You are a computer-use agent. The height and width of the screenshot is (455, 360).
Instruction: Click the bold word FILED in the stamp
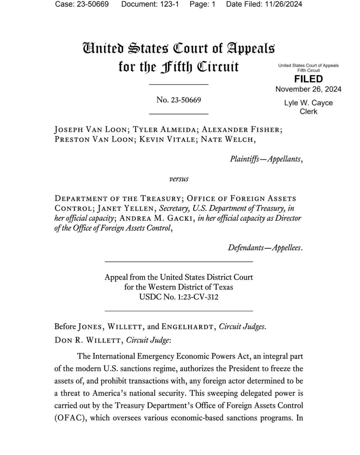(x=308, y=79)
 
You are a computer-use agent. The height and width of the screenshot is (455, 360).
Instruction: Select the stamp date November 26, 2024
(x=308, y=89)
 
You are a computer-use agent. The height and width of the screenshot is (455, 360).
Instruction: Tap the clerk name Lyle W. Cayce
(x=308, y=103)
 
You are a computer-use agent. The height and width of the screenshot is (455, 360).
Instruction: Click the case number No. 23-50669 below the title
(x=178, y=100)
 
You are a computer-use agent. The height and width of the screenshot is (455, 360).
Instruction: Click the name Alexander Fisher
(x=242, y=130)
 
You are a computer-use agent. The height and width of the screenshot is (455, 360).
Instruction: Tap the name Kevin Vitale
(x=167, y=140)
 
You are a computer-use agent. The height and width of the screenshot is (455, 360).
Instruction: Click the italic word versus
(x=179, y=179)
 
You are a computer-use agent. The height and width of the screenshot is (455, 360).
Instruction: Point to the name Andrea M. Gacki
(x=156, y=218)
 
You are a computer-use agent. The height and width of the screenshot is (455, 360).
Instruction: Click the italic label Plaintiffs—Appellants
(x=266, y=159)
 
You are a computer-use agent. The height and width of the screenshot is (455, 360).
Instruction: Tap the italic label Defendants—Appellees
(x=265, y=248)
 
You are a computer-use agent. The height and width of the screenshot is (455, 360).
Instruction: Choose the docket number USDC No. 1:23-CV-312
(x=178, y=297)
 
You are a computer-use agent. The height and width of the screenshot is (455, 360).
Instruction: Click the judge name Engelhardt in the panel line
(x=187, y=327)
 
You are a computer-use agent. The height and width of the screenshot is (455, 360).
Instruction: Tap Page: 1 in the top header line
(x=202, y=4)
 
